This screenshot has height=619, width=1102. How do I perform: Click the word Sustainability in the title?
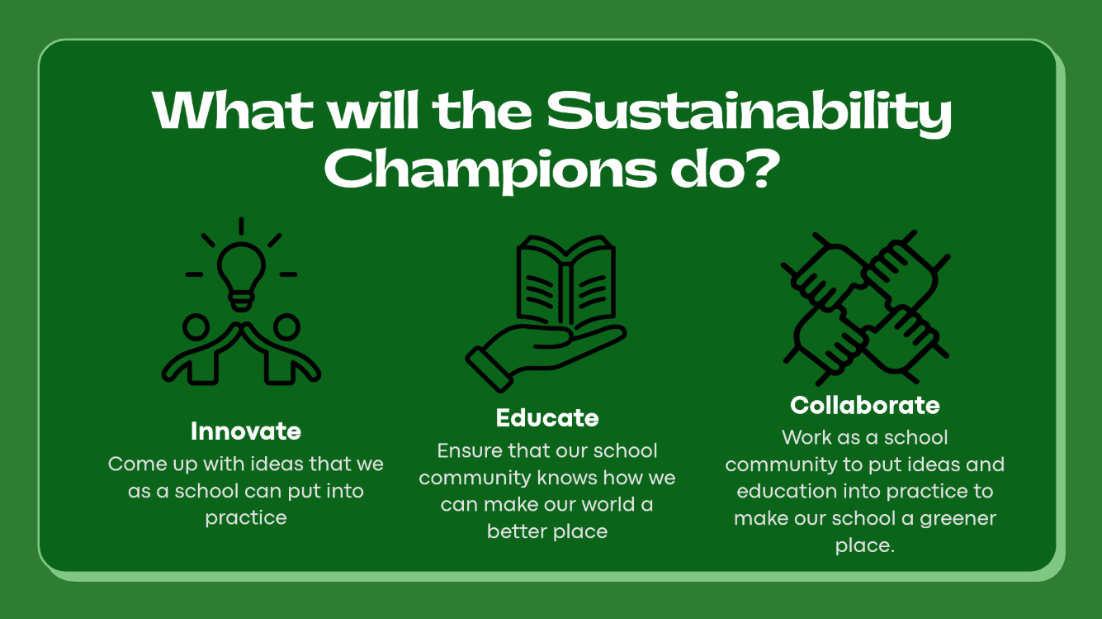click(x=750, y=112)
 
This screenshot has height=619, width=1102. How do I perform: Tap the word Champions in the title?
click(x=490, y=171)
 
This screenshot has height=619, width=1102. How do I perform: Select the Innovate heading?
click(x=246, y=431)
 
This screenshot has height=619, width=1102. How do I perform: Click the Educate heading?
click(x=547, y=418)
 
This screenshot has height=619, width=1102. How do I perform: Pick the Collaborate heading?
click(x=865, y=405)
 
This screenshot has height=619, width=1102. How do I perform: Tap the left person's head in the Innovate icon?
click(x=196, y=327)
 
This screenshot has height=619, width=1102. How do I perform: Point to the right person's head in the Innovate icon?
click(x=286, y=327)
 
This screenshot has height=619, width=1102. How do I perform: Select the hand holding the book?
click(x=545, y=355)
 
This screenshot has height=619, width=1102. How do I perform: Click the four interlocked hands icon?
click(x=866, y=307)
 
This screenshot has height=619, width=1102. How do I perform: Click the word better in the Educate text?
click(x=517, y=532)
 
